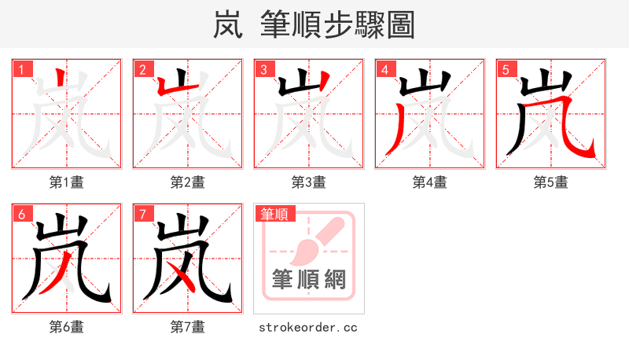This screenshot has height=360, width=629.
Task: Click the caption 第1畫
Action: pos(66,182)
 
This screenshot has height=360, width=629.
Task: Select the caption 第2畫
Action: pos(187,182)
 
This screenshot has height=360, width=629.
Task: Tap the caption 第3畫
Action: pos(308,182)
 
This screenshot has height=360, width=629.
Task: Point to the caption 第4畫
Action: pos(429,182)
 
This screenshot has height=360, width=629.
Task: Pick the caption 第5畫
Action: pos(550,182)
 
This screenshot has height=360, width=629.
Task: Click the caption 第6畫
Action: pos(66,326)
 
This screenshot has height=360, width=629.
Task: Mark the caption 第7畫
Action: pos(187,326)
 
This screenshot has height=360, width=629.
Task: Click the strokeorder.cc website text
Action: pos(308,327)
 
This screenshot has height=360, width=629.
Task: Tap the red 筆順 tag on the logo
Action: pos(274,213)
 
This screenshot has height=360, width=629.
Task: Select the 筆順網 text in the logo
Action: pos(309,280)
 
